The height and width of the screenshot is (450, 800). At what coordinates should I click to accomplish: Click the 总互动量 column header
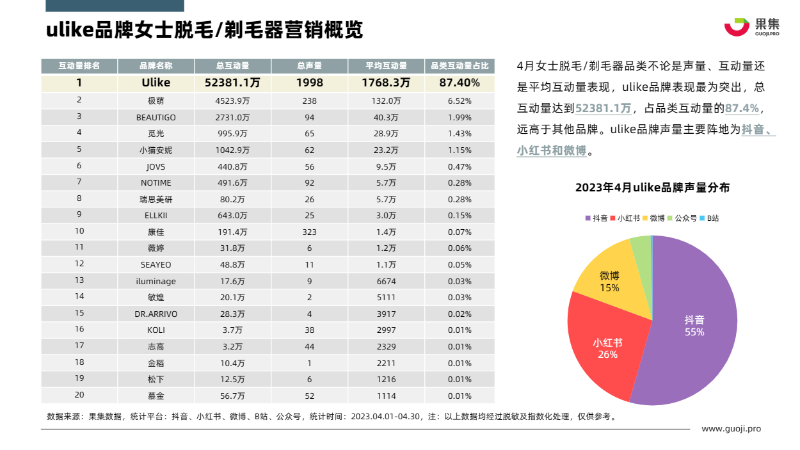(232, 66)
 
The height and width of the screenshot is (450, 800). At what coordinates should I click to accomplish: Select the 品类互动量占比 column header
(460, 66)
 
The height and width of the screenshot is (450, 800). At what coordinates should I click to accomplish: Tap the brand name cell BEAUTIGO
(156, 117)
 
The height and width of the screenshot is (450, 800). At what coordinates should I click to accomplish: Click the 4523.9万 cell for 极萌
(232, 100)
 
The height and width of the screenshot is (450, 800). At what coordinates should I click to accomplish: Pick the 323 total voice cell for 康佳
(310, 232)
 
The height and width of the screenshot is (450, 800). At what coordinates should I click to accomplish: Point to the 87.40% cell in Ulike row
(460, 83)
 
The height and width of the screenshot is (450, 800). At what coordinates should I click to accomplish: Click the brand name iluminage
(156, 281)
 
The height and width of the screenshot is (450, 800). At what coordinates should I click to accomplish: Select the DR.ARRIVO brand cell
(156, 314)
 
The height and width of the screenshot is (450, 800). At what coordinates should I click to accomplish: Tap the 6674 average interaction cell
(387, 281)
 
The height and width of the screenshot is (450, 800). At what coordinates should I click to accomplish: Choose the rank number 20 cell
(79, 395)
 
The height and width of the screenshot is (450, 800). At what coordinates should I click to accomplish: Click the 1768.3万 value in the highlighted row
(386, 83)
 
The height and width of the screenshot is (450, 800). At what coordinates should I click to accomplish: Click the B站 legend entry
(710, 218)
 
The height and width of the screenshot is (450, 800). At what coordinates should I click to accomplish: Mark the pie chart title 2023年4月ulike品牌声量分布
(652, 188)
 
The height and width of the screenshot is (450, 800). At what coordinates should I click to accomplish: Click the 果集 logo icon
(737, 27)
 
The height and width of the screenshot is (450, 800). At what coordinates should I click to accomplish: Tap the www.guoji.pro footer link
(731, 429)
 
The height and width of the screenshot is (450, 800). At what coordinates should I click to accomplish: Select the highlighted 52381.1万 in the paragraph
(604, 109)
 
